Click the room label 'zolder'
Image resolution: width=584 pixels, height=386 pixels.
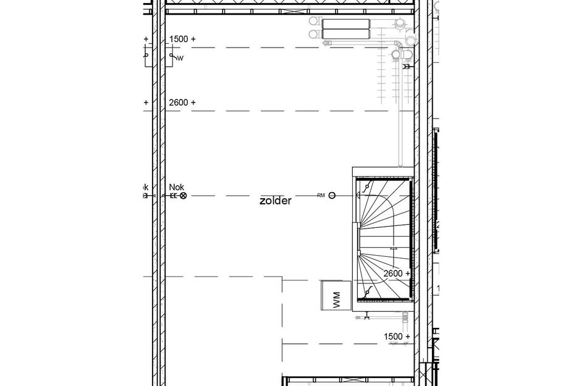[x=276, y=201]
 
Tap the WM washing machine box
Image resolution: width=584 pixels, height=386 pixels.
[x=334, y=295]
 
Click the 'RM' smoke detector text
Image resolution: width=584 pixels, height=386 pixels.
[x=321, y=196]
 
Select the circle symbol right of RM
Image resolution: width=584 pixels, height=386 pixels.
[x=332, y=196]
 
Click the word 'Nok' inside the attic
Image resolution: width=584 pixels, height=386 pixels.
[x=176, y=187]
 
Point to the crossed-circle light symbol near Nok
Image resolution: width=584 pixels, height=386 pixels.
[x=183, y=196]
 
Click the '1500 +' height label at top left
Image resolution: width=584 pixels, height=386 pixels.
[x=182, y=39]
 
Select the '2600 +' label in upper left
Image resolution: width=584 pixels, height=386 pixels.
[x=182, y=103]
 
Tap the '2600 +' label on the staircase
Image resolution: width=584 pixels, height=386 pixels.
[x=397, y=273]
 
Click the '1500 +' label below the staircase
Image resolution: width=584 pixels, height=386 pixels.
[x=397, y=336]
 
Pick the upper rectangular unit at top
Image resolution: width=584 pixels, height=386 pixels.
[x=345, y=23]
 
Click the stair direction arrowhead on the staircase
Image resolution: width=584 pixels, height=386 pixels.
[x=394, y=248]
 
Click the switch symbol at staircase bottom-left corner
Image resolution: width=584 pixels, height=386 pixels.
[x=367, y=292]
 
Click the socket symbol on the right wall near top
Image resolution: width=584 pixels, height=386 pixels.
[x=407, y=65]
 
